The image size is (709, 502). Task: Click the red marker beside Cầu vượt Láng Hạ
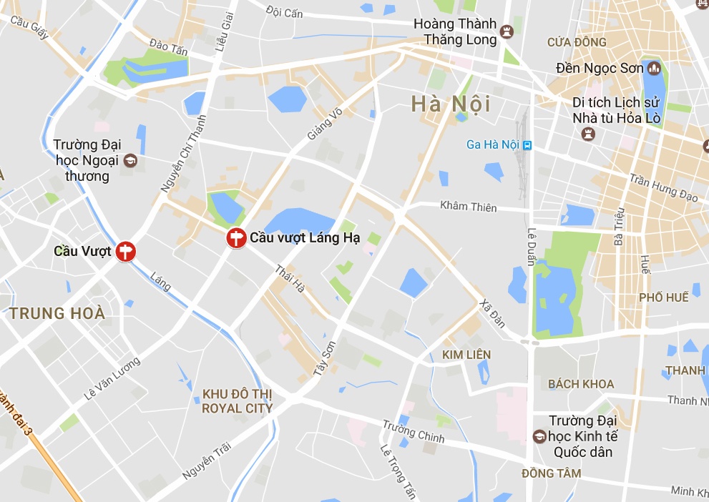pos(235,238)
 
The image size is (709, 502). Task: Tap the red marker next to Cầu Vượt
pos(126,251)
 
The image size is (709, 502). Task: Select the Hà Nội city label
pos(451,104)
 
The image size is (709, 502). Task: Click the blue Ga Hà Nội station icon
pos(527,144)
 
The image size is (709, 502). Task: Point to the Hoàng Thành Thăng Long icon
pos(507,31)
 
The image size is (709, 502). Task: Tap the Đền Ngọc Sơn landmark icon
pos(653,69)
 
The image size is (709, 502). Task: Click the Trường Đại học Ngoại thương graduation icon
pos(130,160)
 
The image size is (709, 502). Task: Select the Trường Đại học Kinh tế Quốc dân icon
pos(539,435)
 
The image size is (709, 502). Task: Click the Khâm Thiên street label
pos(468,207)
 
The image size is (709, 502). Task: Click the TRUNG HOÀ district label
pos(57,313)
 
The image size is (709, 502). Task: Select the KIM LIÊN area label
pos(466,355)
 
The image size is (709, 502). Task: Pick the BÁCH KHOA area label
pos(581,384)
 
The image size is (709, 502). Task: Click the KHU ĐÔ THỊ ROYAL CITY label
pos(237,401)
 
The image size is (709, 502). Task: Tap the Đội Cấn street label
pos(284,12)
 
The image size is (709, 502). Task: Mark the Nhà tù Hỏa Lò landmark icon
pos(588,133)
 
